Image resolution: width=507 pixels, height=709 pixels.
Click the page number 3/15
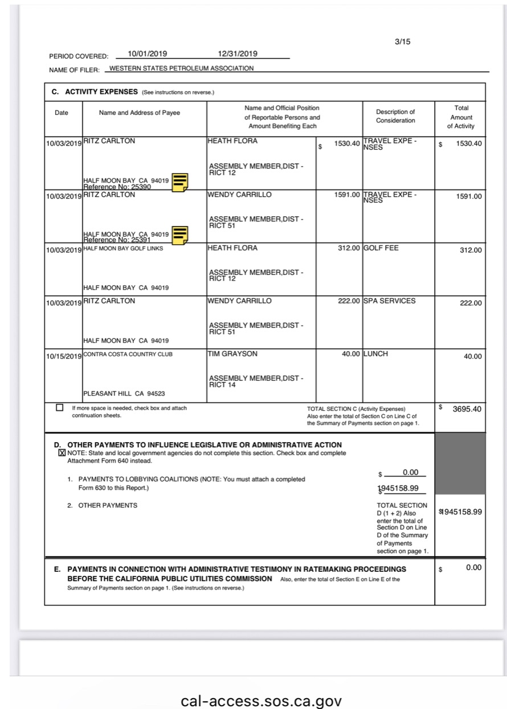pyautogui.click(x=402, y=42)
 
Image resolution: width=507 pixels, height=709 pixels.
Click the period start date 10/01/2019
pyautogui.click(x=147, y=54)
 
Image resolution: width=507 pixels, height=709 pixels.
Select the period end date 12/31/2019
pyautogui.click(x=238, y=54)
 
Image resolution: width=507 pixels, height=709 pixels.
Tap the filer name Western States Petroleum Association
pyautogui.click(x=181, y=69)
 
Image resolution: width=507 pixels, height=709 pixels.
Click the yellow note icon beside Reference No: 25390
pyautogui.click(x=180, y=182)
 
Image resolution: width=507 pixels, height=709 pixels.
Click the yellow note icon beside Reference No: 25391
pyautogui.click(x=180, y=235)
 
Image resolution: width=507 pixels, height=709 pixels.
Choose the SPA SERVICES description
pyautogui.click(x=389, y=301)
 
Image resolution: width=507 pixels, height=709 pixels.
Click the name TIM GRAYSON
pyautogui.click(x=233, y=354)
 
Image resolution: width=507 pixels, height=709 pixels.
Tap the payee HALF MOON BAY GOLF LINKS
pyautogui.click(x=122, y=249)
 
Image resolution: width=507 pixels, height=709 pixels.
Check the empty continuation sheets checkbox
pyautogui.click(x=60, y=408)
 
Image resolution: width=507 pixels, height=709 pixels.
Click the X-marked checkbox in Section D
pyautogui.click(x=62, y=453)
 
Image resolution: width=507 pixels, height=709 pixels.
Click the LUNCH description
pyautogui.click(x=375, y=354)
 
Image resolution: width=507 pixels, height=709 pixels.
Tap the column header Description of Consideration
pyautogui.click(x=395, y=116)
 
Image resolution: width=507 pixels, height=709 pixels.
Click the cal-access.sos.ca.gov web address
pyautogui.click(x=261, y=700)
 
